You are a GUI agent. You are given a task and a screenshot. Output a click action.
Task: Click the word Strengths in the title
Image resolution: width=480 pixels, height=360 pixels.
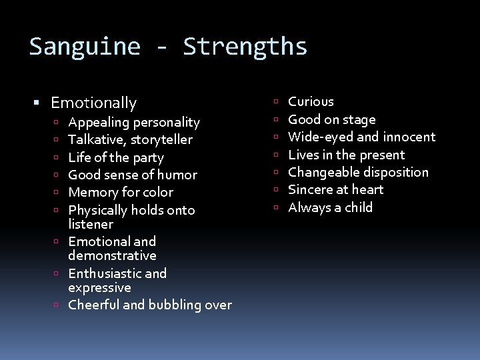point(245,47)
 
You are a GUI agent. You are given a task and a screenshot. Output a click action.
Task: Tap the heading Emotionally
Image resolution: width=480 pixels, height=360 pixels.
point(93,103)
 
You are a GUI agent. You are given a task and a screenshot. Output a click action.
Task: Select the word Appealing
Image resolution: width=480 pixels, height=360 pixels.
point(99,123)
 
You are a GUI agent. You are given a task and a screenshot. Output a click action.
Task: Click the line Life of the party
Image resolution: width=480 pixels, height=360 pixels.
point(116,157)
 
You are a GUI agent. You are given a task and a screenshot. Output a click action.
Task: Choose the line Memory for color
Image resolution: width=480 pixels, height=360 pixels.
point(121,192)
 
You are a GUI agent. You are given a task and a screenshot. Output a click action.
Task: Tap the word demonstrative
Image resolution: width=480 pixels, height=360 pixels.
point(112,255)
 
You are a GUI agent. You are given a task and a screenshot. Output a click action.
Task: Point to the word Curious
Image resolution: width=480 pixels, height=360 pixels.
point(311,101)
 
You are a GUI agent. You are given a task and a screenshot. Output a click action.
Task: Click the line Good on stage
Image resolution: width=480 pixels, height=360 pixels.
point(331,119)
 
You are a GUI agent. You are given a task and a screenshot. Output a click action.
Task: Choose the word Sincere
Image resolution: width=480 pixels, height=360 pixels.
point(310,189)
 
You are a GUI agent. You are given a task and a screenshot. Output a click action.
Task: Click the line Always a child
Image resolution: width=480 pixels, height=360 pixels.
point(330,207)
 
